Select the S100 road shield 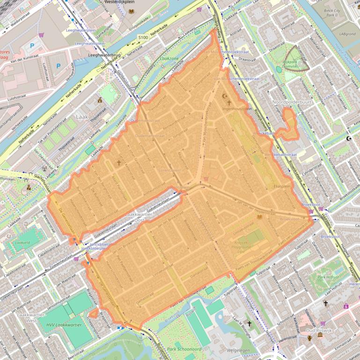click(x=143, y=37)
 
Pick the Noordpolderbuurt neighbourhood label click(x=293, y=101)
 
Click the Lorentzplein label click(x=169, y=171)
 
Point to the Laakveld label click(x=22, y=243)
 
